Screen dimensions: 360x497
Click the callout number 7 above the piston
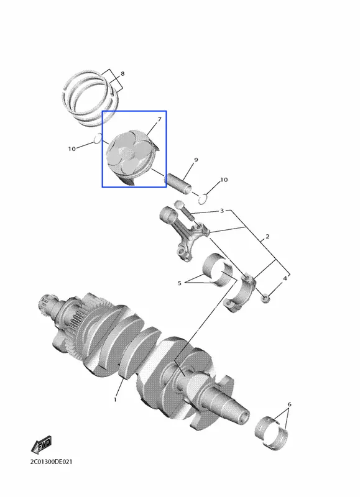(159, 119)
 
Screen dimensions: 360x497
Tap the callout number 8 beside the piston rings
(122, 74)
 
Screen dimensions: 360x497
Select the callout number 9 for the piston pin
(196, 160)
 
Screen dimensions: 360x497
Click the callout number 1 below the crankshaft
(115, 399)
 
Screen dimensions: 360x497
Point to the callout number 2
(267, 237)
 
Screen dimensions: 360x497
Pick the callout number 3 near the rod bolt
(222, 211)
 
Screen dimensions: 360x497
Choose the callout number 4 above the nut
(285, 278)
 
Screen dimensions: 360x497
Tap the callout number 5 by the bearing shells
(180, 283)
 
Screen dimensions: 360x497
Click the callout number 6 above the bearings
(289, 404)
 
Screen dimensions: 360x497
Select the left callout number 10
(72, 148)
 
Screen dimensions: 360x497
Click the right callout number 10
(224, 180)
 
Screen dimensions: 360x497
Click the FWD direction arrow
(42, 445)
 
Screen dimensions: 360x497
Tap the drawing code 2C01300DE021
(51, 462)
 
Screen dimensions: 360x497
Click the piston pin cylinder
(178, 184)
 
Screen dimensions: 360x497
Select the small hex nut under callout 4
(265, 298)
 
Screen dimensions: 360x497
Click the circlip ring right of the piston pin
(203, 198)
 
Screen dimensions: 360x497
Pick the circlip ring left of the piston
(98, 138)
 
